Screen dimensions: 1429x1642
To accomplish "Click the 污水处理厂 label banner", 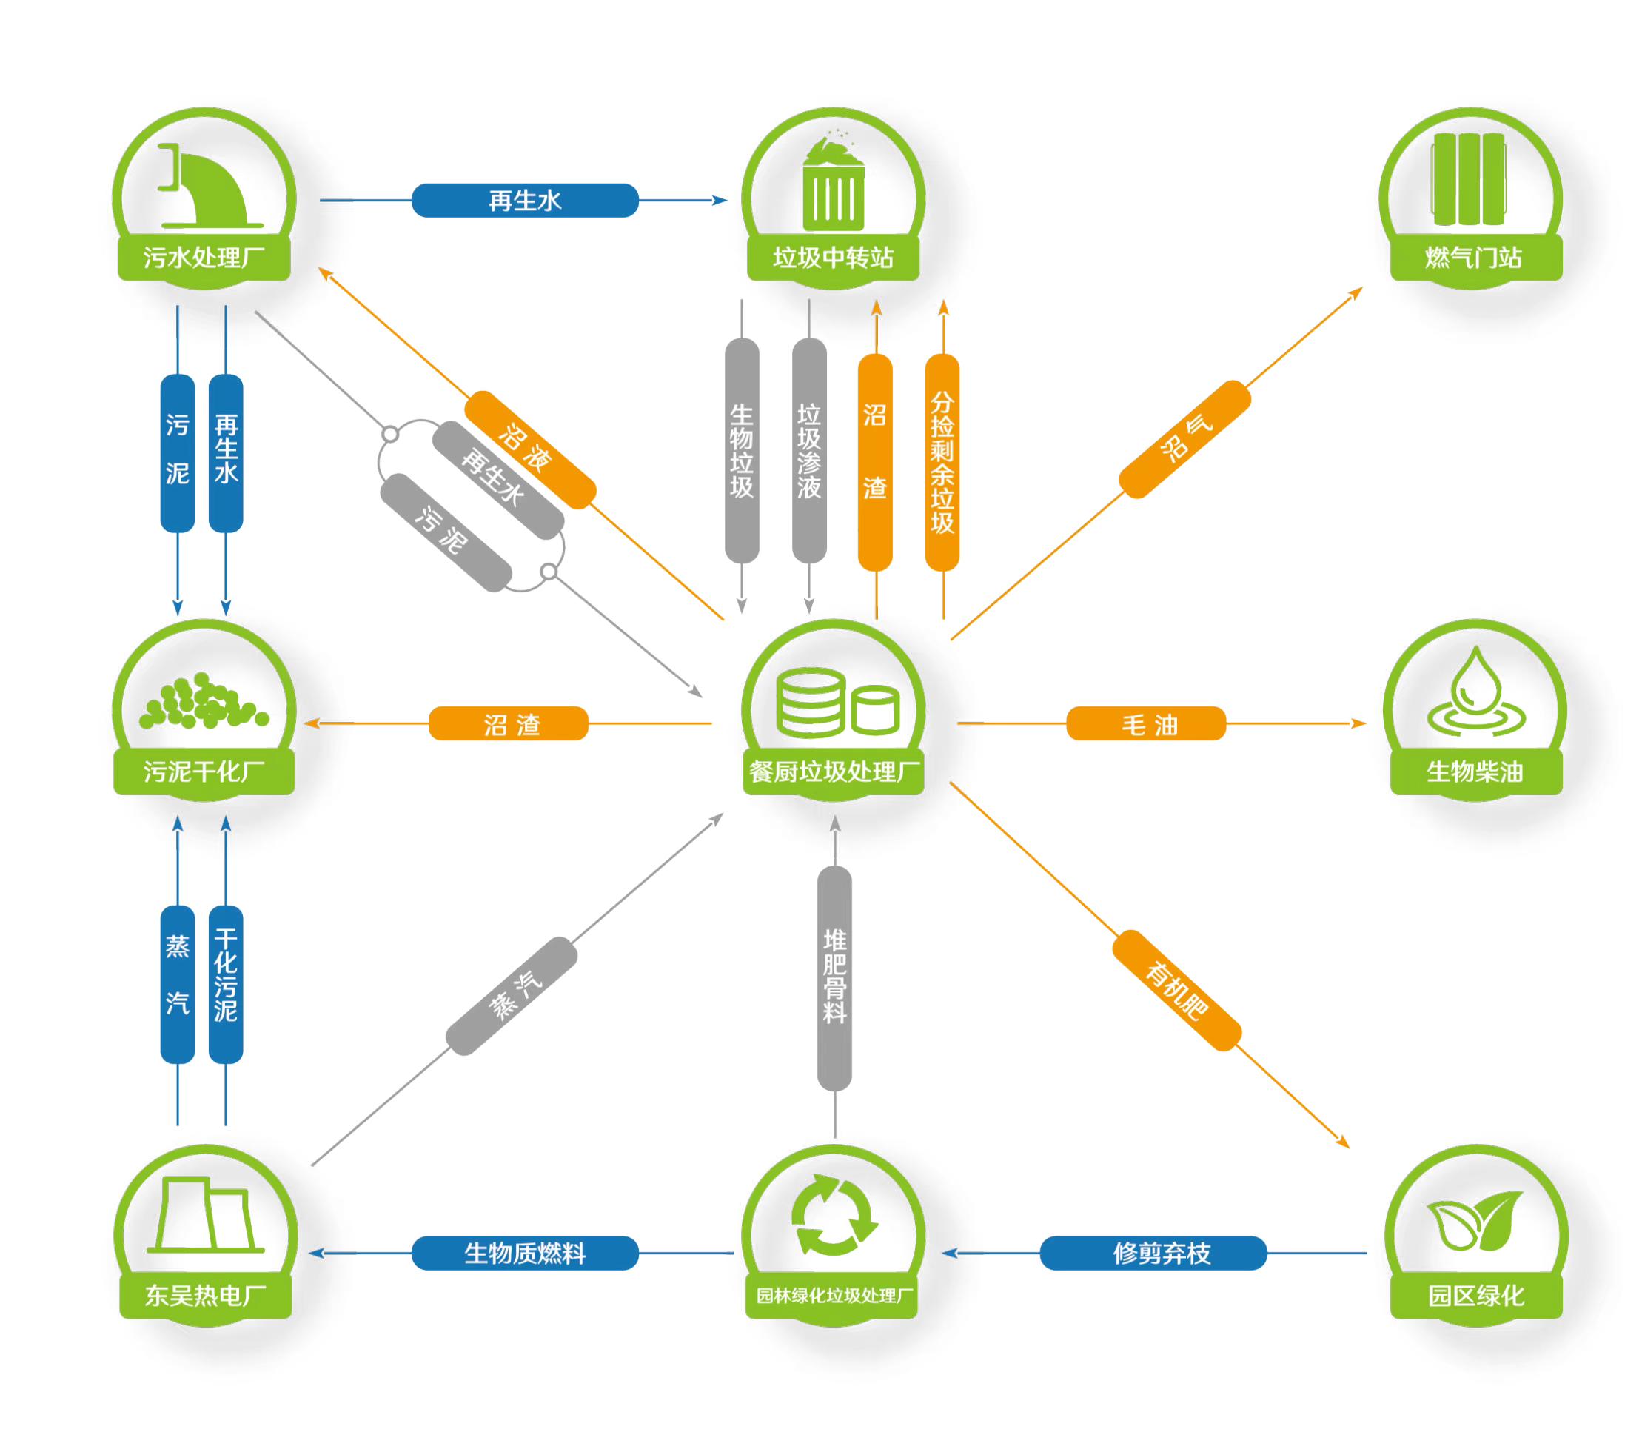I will (204, 258).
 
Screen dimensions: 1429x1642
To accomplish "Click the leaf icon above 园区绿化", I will (1475, 1220).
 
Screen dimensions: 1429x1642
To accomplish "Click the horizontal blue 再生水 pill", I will (525, 200).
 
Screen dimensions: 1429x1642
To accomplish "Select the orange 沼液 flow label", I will (529, 449).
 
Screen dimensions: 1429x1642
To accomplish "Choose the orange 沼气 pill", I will (1184, 438).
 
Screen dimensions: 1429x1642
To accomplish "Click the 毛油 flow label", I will (1145, 723).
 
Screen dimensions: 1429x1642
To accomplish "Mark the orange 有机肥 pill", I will (1176, 990).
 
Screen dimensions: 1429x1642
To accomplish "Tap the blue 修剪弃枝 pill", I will (1153, 1253).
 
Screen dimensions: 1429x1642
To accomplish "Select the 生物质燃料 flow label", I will (525, 1253).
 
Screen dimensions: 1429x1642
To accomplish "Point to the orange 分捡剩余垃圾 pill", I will (942, 463).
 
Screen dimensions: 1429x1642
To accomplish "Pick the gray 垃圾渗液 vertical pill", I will (808, 451).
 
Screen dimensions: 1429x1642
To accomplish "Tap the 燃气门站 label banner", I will (1475, 258).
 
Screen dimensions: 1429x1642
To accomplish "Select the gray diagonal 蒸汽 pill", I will (511, 995).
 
